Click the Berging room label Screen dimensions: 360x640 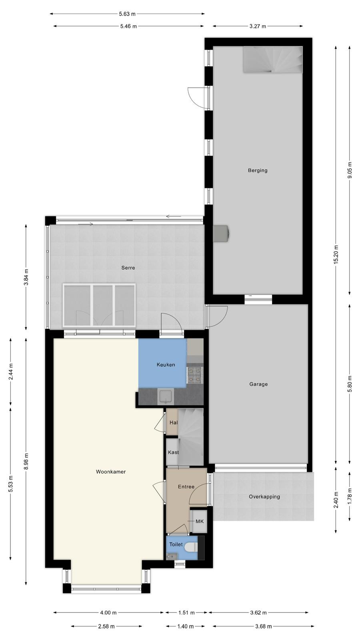coord(258,170)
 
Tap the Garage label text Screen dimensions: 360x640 coord(258,384)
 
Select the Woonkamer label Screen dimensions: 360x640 coord(110,472)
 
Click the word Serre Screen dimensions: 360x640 coord(128,268)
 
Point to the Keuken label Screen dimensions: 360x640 coord(166,364)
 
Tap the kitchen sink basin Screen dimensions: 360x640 coord(166,396)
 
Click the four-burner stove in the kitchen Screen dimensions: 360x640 coord(195,375)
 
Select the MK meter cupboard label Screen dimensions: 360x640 coord(200,522)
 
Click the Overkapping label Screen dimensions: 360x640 coord(264,496)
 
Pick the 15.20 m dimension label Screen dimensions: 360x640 coord(336,254)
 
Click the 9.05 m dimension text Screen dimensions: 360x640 coord(350,170)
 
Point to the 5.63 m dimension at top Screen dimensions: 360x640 coord(127,14)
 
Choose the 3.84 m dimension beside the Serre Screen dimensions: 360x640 coord(26,277)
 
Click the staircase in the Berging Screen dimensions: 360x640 coord(272,60)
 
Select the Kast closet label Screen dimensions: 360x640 coord(173,452)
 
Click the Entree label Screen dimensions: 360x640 coord(186,486)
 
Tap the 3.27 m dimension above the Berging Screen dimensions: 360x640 coord(258,26)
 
